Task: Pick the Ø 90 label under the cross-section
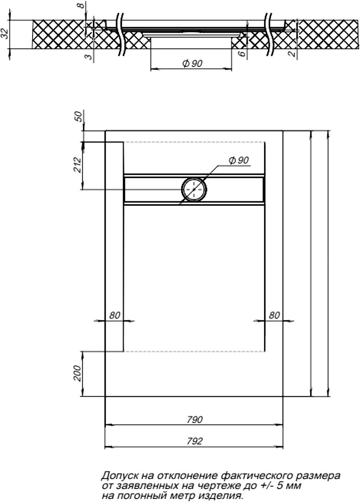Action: coord(192,63)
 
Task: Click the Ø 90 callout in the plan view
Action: coord(239,160)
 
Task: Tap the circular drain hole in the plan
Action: coord(194,189)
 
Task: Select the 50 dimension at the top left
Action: coord(78,116)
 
